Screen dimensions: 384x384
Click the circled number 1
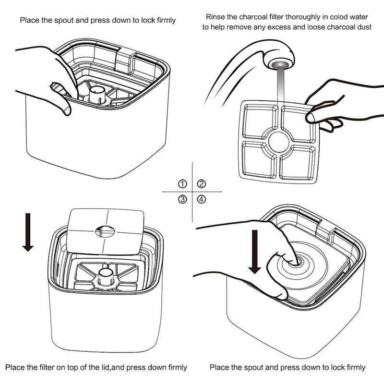tap(182, 184)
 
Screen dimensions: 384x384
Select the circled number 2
tap(202, 184)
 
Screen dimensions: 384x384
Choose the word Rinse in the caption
tap(215, 17)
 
